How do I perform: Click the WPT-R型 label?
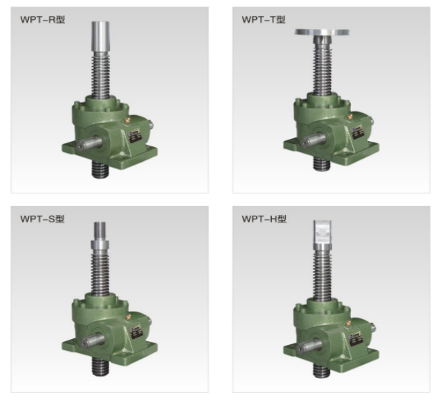[43, 20]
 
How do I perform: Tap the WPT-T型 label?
[264, 20]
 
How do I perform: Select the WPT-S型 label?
[42, 219]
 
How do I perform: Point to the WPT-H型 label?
[264, 219]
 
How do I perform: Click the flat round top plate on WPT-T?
[322, 32]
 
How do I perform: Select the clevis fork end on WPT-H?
[322, 232]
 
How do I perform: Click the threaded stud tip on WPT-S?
[100, 231]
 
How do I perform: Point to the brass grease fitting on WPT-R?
[127, 121]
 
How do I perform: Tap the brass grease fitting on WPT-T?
[349, 117]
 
